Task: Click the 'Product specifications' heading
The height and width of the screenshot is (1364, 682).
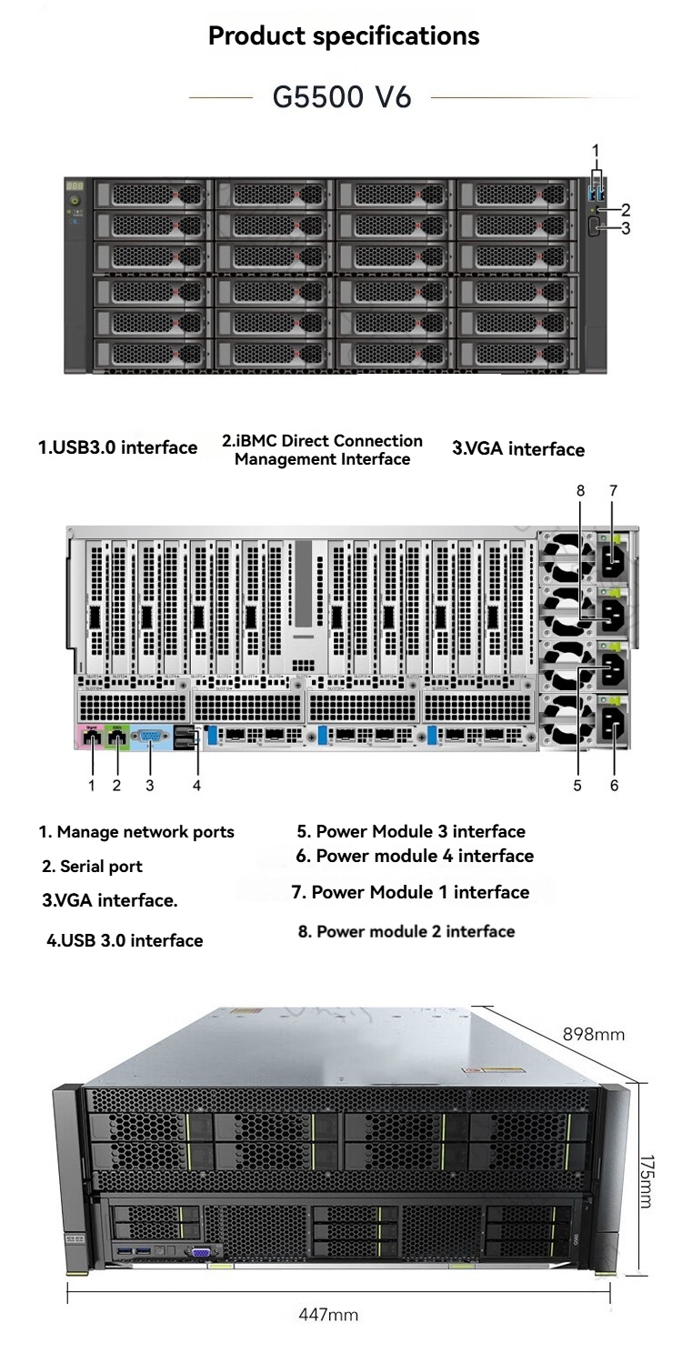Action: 344,36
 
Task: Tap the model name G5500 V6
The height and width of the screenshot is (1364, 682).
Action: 342,96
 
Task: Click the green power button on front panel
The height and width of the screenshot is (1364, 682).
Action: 75,200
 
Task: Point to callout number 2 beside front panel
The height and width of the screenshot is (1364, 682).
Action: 626,210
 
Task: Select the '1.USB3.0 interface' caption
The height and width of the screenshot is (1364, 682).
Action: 117,447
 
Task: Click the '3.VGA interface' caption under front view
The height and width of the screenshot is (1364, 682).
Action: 518,449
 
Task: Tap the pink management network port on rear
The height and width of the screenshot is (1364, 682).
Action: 91,737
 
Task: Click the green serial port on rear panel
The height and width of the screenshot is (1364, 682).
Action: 117,737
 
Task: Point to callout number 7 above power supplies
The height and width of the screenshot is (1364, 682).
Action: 613,491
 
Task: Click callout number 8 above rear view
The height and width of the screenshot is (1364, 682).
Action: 580,491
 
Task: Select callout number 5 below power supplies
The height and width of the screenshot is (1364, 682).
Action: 577,786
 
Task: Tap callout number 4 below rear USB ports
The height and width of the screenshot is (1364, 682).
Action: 196,786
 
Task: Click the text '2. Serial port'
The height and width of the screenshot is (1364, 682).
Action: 92,866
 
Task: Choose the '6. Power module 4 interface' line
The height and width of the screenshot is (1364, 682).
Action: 415,856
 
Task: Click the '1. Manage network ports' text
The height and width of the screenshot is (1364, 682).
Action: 136,832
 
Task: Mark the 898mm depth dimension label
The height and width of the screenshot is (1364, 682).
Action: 594,1034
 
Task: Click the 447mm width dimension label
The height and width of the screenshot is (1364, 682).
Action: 328,1314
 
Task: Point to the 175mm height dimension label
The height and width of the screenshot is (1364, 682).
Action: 647,1181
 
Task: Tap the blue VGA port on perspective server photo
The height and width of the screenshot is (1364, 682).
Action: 201,1252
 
